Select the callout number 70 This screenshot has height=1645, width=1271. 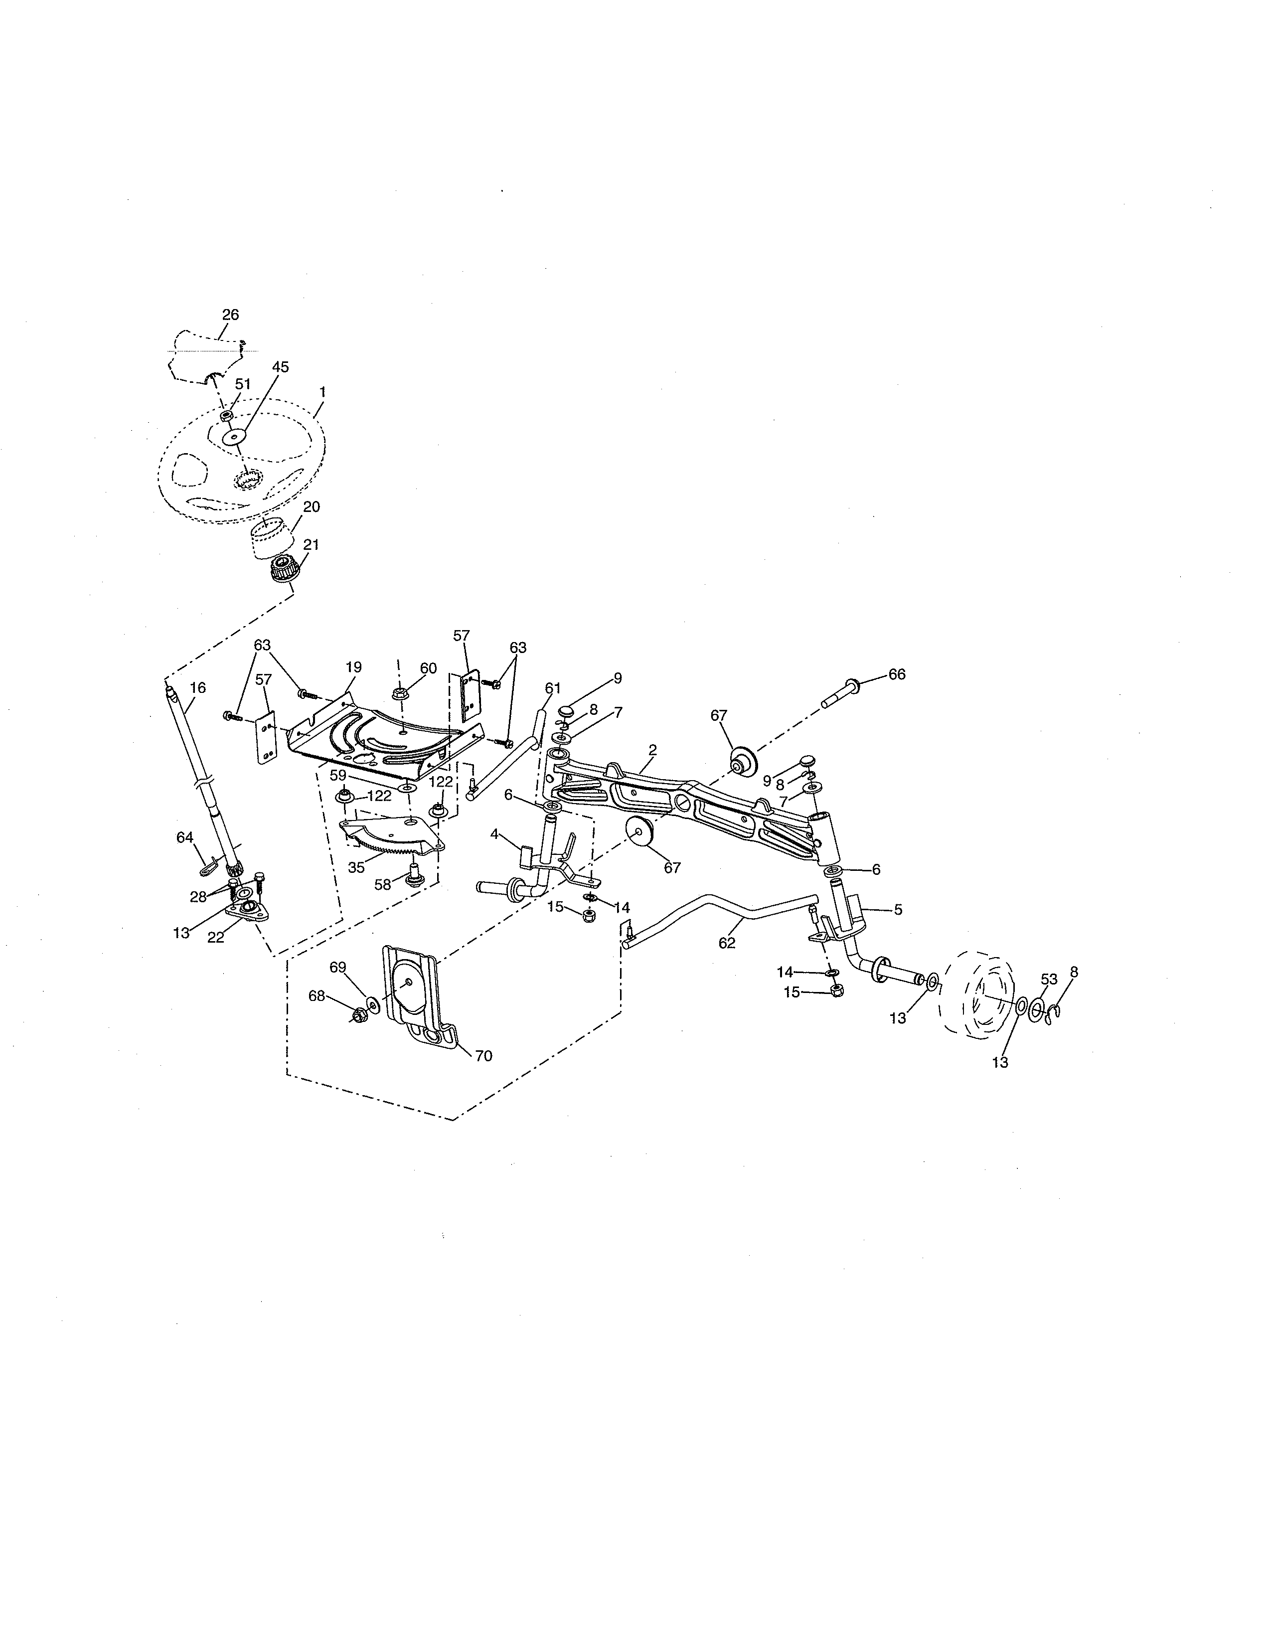click(483, 1056)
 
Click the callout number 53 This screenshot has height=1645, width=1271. click(1049, 979)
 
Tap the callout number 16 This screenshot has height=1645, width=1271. click(198, 688)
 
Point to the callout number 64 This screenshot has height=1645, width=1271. click(184, 837)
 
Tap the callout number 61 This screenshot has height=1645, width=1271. click(553, 688)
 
